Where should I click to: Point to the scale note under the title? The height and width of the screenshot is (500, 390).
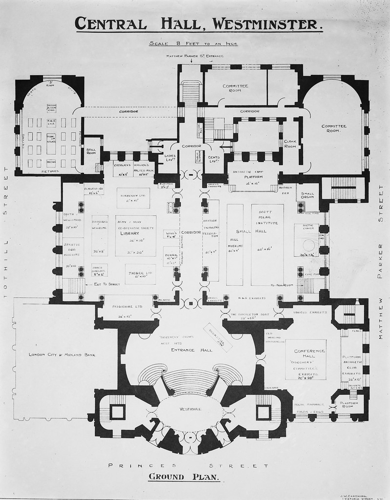194,44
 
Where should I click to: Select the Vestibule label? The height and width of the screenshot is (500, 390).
190,409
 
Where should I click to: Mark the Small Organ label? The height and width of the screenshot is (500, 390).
308,195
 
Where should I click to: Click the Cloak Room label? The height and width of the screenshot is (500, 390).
290,144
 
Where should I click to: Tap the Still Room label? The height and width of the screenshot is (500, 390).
92,152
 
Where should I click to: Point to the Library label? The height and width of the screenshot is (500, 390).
130,233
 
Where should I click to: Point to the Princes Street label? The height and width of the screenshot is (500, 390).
188,465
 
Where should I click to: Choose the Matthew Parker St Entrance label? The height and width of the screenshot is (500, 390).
195,56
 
